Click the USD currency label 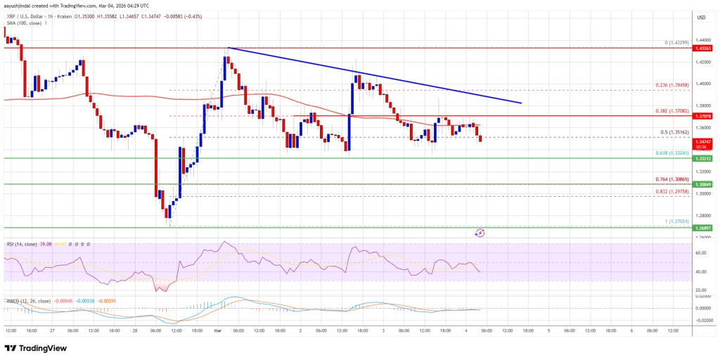[x=700, y=18]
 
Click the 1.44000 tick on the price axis [x=700, y=40]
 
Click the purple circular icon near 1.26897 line [x=480, y=232]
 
